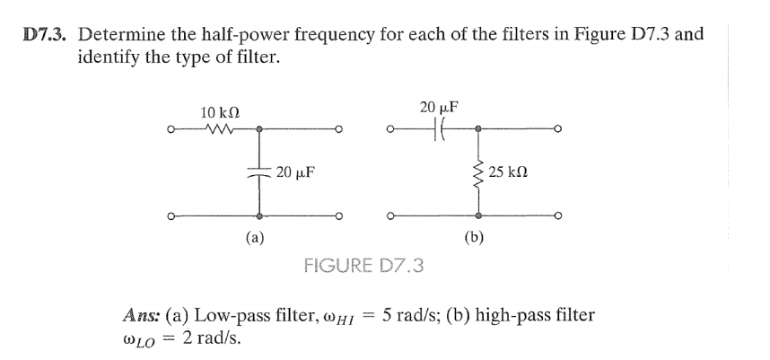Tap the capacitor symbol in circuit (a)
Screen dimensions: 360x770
click(x=260, y=173)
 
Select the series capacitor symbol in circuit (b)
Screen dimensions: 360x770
click(x=439, y=128)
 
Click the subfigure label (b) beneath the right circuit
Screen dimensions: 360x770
click(x=476, y=238)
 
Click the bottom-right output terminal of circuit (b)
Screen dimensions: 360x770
click(x=558, y=215)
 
